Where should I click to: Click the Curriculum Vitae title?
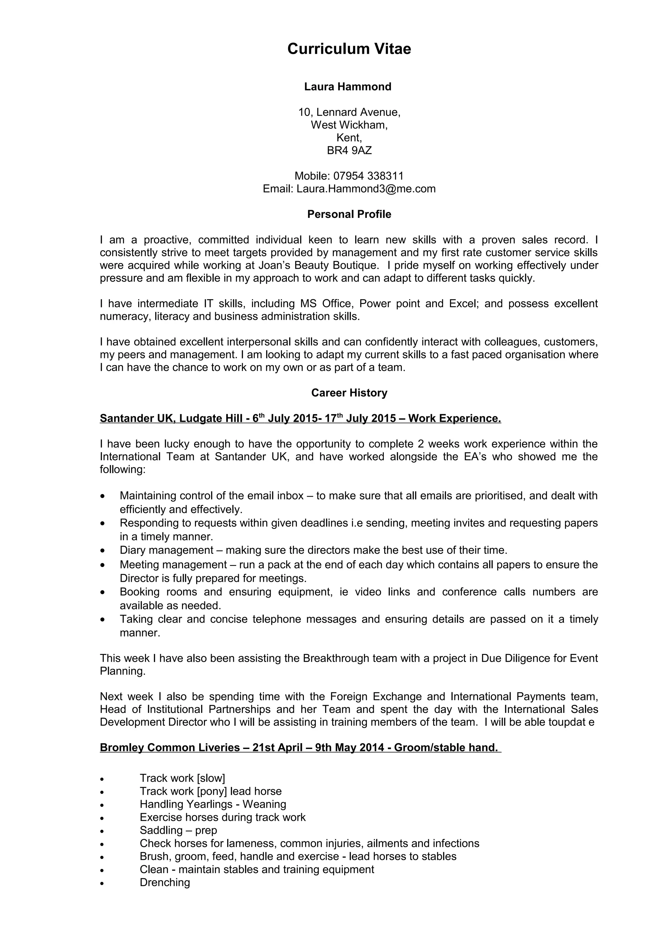349,49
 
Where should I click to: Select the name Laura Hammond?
348,87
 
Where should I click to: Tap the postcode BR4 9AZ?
349,151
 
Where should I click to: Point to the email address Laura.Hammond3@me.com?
365,189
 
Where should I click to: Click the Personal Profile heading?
349,214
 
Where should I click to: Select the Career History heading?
349,393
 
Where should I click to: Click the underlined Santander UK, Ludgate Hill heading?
171,419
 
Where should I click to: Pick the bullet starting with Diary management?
313,550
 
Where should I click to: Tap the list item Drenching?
165,882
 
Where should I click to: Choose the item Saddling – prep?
178,830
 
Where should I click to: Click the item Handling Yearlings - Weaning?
213,804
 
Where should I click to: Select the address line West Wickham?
349,125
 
